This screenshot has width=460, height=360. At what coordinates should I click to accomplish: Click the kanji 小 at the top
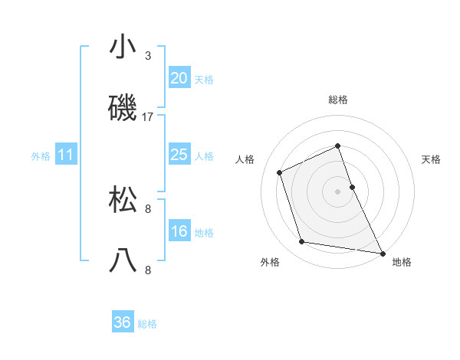point(123,47)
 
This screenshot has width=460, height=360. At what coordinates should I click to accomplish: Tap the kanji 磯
point(123,110)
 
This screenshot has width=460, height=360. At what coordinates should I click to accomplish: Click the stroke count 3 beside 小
point(148,56)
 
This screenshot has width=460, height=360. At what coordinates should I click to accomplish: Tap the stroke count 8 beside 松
point(148,208)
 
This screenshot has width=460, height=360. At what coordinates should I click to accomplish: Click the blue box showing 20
point(179,78)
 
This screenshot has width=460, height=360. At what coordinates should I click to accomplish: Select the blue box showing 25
point(179,155)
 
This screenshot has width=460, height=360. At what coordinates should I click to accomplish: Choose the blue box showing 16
point(179,231)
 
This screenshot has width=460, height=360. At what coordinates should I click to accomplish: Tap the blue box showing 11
point(66,155)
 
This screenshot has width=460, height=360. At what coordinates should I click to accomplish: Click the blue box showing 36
point(123,322)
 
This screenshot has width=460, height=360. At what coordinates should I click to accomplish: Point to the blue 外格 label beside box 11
point(41,156)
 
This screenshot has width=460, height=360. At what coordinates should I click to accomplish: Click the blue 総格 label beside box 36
point(147,324)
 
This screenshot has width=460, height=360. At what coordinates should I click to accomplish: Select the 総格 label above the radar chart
point(338,100)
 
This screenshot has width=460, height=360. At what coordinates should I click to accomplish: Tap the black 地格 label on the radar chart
point(402,262)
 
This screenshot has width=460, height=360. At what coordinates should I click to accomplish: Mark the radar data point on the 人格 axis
point(280,172)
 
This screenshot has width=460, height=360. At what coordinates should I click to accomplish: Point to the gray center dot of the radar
point(338,191)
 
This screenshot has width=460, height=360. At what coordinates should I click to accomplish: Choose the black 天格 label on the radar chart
point(432,159)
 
